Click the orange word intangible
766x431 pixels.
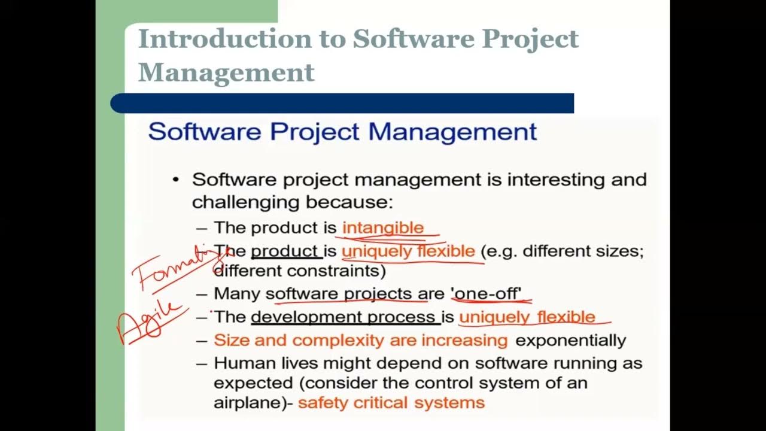click(x=382, y=227)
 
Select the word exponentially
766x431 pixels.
click(x=570, y=340)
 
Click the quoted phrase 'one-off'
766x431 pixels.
click(x=486, y=293)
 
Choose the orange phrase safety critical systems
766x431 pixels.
click(x=391, y=402)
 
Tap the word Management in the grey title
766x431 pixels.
click(x=226, y=72)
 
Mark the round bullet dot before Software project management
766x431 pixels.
click(x=175, y=180)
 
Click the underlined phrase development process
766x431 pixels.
click(x=343, y=317)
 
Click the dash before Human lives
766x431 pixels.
click(x=202, y=363)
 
